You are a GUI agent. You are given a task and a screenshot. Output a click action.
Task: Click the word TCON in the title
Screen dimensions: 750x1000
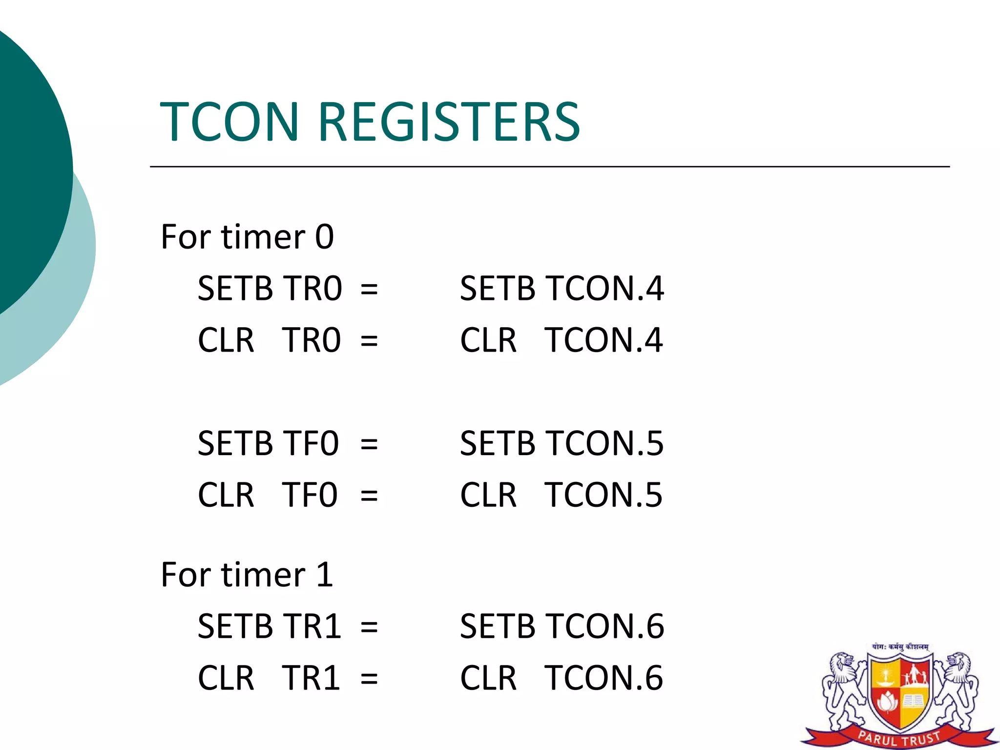(229, 122)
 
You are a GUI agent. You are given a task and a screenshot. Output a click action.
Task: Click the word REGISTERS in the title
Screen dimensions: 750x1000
(449, 122)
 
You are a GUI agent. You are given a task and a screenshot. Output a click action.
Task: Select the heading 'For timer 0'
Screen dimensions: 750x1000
(247, 237)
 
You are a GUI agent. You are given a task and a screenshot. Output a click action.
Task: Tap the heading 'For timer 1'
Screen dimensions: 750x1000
(247, 575)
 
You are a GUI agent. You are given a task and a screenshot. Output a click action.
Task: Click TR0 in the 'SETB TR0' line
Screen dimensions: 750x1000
(313, 289)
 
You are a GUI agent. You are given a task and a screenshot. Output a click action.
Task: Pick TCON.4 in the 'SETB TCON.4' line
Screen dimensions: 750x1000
(604, 289)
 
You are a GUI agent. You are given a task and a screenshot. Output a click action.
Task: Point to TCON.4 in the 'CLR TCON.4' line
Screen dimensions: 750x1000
(604, 340)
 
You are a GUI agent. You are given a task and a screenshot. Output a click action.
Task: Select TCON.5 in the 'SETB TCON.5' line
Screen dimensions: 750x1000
(604, 444)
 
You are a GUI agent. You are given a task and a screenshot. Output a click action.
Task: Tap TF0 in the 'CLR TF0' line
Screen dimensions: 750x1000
(310, 495)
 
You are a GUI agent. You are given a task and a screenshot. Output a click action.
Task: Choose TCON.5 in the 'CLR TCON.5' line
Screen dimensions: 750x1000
(604, 495)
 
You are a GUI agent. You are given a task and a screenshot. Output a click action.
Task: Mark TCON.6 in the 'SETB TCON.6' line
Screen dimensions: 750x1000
(604, 626)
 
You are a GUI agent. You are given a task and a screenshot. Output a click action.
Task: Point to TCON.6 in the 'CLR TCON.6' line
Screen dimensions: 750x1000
(604, 678)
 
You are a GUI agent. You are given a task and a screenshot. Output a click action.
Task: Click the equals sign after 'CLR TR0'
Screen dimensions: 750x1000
(369, 340)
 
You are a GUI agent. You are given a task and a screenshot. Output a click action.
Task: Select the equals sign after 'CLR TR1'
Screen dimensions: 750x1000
(369, 679)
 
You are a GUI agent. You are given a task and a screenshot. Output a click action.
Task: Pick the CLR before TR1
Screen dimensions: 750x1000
(226, 678)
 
